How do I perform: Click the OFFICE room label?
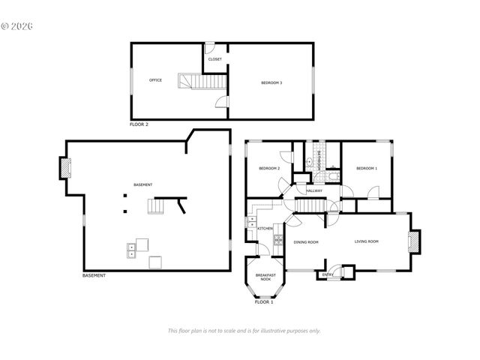[155, 80]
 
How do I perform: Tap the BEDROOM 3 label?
[271, 82]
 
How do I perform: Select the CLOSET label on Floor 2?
[214, 58]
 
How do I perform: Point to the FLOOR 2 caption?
[139, 124]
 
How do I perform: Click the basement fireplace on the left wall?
[66, 167]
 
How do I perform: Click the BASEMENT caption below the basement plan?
[94, 276]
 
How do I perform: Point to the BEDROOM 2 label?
[269, 169]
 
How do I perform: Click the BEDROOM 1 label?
[366, 169]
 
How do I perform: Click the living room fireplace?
[413, 241]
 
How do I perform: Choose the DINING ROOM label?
[306, 242]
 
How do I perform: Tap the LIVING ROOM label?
[366, 241]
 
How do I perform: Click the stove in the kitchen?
[278, 241]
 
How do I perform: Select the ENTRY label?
[328, 275]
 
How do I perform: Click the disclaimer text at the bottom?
[244, 331]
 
